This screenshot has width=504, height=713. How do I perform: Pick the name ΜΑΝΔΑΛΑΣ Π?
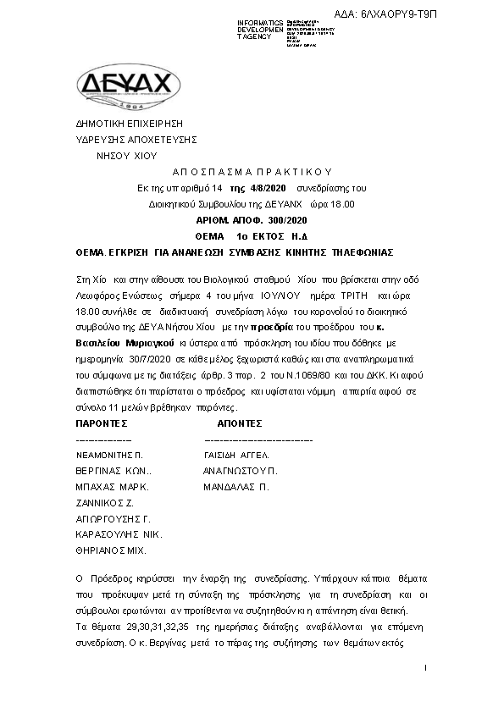(x=235, y=487)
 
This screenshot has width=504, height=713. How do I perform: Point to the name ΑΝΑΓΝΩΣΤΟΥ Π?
(x=241, y=471)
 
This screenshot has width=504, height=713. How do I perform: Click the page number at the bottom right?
(x=425, y=669)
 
